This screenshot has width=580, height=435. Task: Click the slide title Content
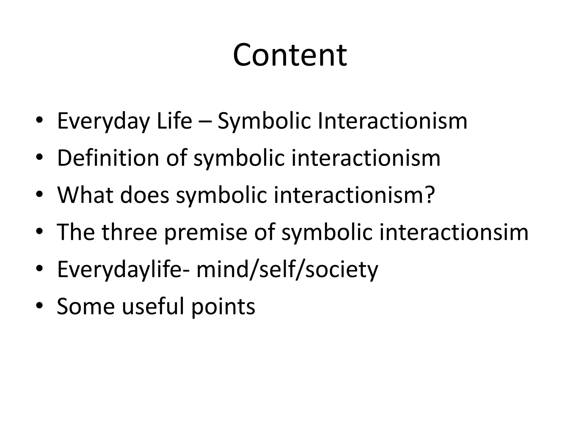(x=290, y=55)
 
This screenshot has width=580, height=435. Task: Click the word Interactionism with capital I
(x=392, y=121)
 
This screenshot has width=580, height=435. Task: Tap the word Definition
(x=108, y=158)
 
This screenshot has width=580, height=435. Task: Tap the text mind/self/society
(x=287, y=269)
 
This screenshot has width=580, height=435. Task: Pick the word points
(x=223, y=307)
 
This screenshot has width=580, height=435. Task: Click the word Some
(x=86, y=306)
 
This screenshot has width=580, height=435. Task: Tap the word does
(x=144, y=195)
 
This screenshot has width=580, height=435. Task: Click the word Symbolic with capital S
(x=264, y=121)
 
